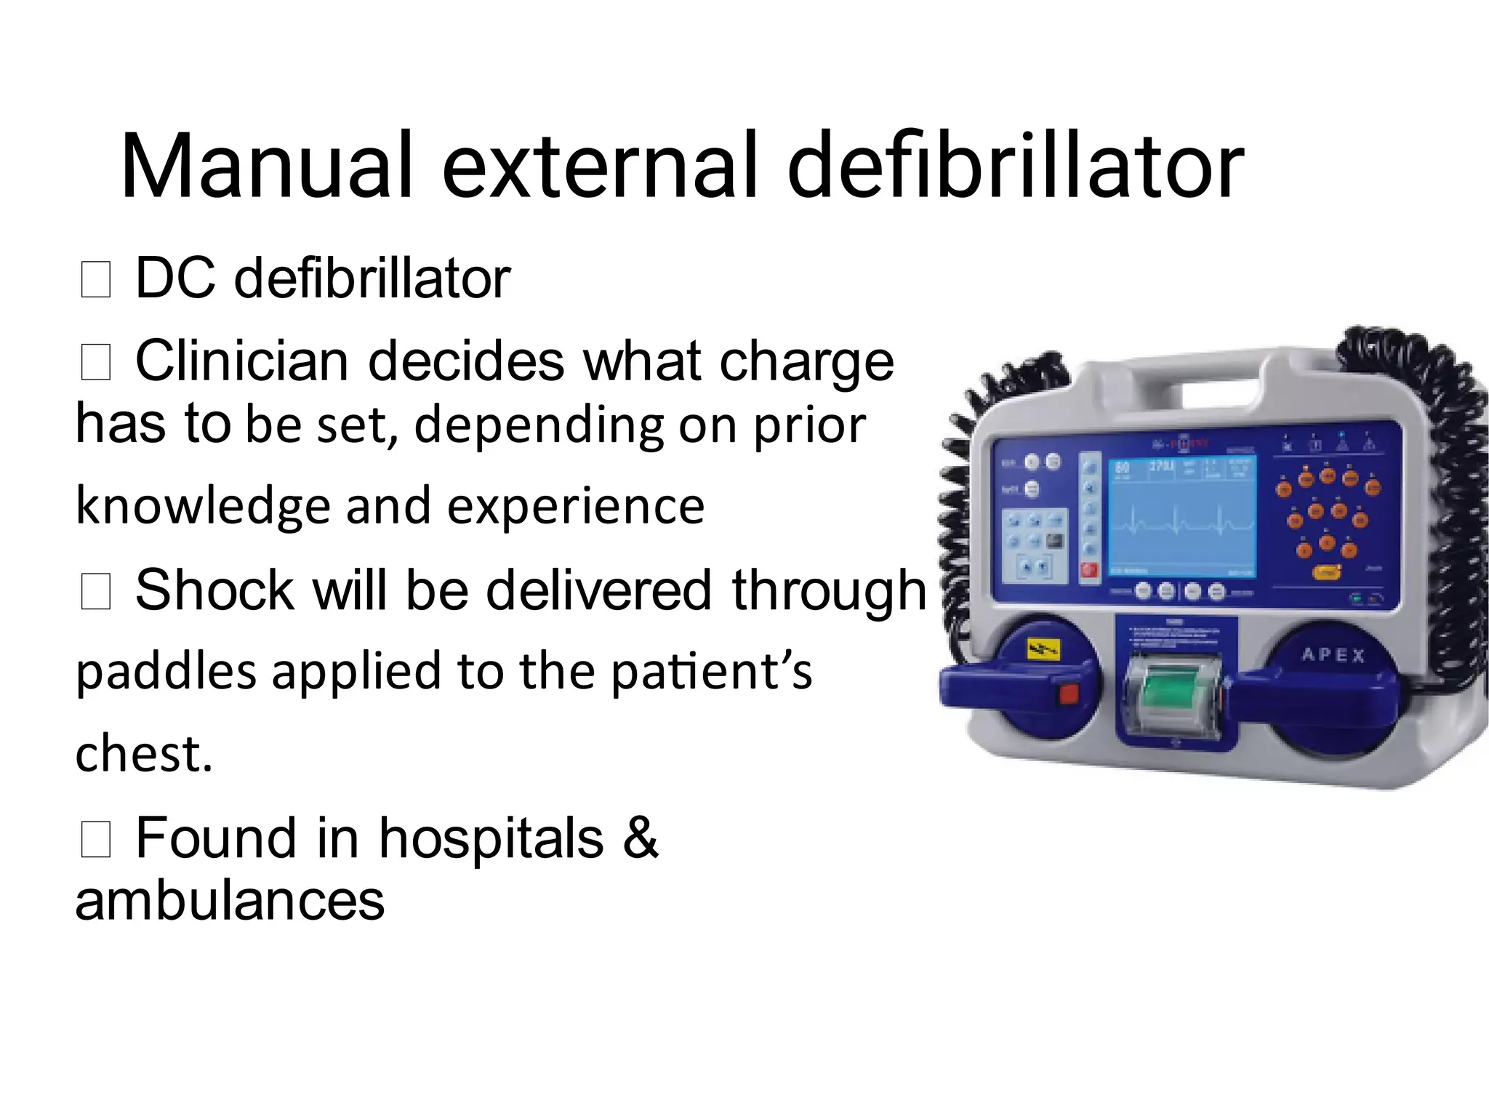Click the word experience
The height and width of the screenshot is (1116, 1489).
click(x=575, y=507)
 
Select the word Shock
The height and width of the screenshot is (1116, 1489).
click(x=214, y=590)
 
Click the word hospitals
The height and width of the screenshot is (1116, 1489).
click(x=491, y=838)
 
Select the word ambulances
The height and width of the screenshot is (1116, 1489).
click(x=230, y=901)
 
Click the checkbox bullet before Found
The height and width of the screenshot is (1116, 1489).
click(x=95, y=840)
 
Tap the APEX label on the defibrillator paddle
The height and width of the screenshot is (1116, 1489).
click(x=1333, y=654)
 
